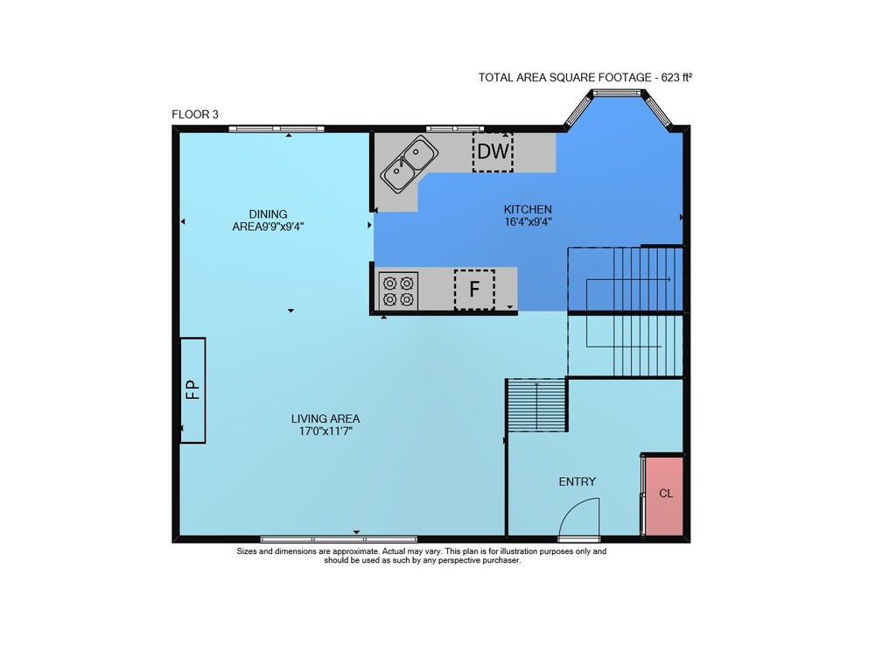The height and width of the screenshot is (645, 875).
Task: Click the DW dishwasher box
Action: click(x=493, y=151)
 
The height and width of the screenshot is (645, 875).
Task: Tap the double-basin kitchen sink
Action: click(x=409, y=165)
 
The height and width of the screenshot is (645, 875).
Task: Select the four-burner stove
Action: click(x=398, y=291)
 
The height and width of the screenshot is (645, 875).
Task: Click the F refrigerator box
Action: click(x=474, y=289)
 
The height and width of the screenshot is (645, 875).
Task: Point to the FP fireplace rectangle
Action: click(x=192, y=390)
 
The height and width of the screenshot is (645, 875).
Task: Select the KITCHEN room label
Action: click(x=528, y=209)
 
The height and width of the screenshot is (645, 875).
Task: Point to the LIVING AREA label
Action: click(x=325, y=418)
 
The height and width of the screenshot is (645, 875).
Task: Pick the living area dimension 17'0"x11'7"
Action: click(x=325, y=431)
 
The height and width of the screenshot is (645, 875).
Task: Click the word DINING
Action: click(x=268, y=214)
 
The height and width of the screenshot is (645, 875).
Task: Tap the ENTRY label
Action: click(x=577, y=481)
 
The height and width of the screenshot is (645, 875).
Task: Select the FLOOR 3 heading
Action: click(x=195, y=115)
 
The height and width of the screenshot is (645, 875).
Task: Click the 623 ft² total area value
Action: click(x=676, y=78)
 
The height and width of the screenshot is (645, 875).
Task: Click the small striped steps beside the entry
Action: click(x=536, y=404)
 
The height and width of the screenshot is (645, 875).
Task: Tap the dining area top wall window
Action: click(x=276, y=129)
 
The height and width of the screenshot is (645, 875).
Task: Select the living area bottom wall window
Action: click(x=339, y=539)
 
